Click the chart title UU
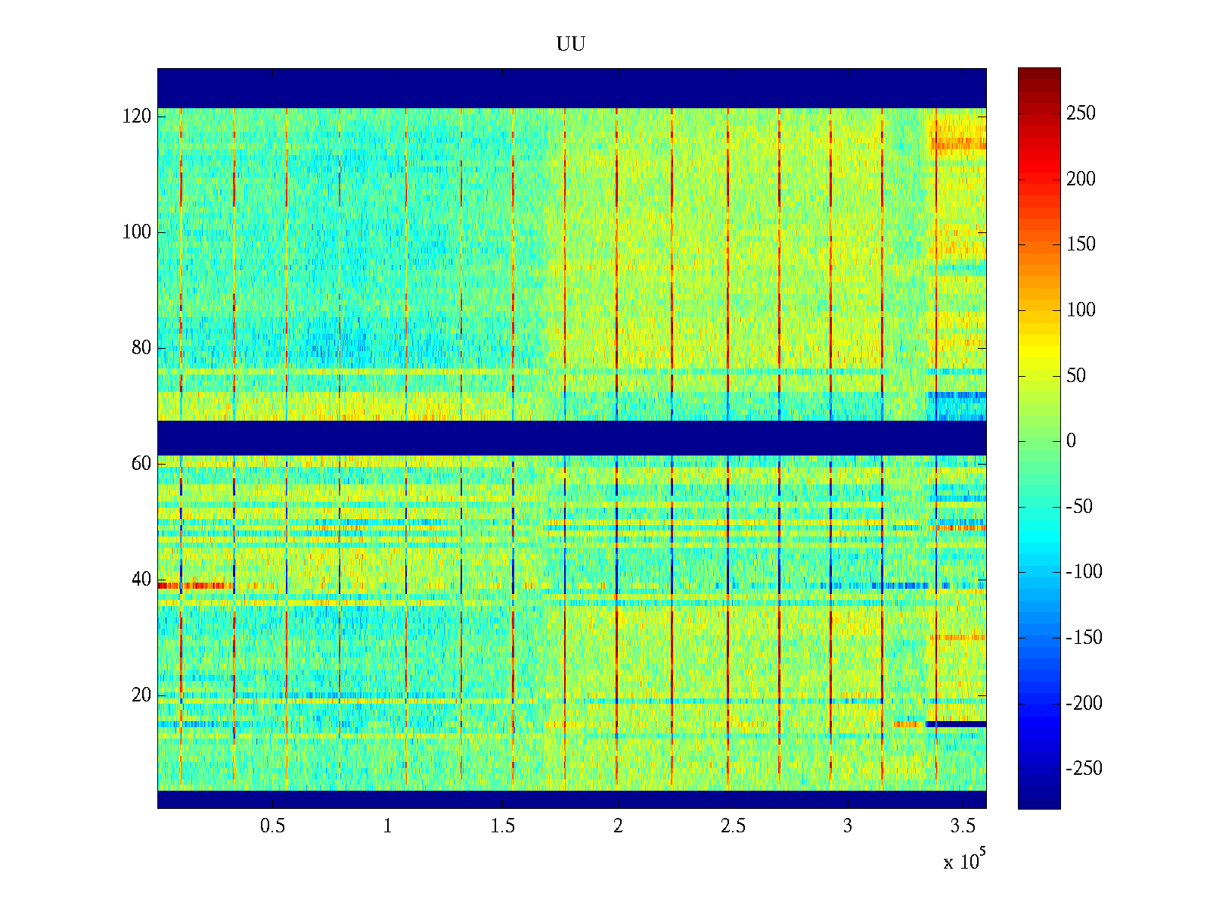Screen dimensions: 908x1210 pyautogui.click(x=571, y=45)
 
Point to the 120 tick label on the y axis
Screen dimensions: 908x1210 pyautogui.click(x=137, y=117)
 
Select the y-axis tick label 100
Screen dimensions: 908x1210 pyautogui.click(x=137, y=232)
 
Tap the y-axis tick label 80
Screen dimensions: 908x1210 pyautogui.click(x=141, y=348)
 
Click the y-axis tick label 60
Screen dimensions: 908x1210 pyautogui.click(x=141, y=464)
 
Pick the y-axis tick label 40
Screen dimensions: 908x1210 pyautogui.click(x=141, y=580)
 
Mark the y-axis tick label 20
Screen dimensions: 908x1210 pyautogui.click(x=141, y=695)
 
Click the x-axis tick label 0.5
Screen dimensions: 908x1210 pyautogui.click(x=272, y=826)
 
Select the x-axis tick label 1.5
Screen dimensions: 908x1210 pyautogui.click(x=503, y=826)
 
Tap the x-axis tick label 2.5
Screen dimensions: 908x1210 pyautogui.click(x=733, y=826)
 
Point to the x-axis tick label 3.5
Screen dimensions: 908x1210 pyautogui.click(x=963, y=826)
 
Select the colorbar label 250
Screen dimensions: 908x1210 pyautogui.click(x=1081, y=113)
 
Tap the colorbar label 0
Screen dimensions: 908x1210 pyautogui.click(x=1071, y=441)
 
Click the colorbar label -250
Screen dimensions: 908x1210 pyautogui.click(x=1084, y=769)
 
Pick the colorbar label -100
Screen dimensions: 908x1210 pyautogui.click(x=1084, y=572)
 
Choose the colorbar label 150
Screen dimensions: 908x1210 pyautogui.click(x=1081, y=244)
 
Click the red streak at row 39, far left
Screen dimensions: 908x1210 pyautogui.click(x=168, y=585)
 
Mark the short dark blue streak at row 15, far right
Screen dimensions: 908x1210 pyautogui.click(x=957, y=724)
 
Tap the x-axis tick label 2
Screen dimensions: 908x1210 pyautogui.click(x=618, y=826)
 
